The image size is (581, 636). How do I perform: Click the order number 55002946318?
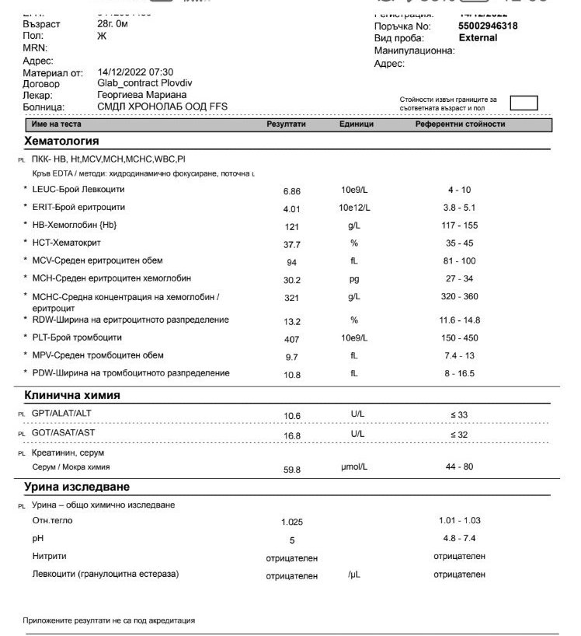coord(488,26)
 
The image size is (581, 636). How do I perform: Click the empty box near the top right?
coord(524,103)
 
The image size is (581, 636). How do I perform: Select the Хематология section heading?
coord(62,142)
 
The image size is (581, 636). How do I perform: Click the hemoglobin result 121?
coord(291,226)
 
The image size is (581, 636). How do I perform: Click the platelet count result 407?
coord(291,339)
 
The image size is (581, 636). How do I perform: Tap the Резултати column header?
coord(287,124)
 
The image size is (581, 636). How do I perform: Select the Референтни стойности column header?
coord(460,124)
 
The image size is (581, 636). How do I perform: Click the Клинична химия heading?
coord(72,395)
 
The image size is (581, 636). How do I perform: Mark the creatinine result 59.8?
coord(291,470)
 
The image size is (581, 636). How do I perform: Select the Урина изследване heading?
coord(77,487)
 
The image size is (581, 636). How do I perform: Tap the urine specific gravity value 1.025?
coord(291,522)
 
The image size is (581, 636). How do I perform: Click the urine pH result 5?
coord(291,540)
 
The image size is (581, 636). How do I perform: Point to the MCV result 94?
coord(291,263)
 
